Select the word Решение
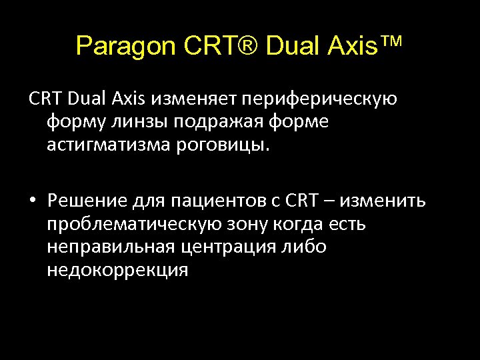click(x=82, y=201)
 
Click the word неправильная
click(x=112, y=247)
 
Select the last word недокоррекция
click(x=117, y=269)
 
